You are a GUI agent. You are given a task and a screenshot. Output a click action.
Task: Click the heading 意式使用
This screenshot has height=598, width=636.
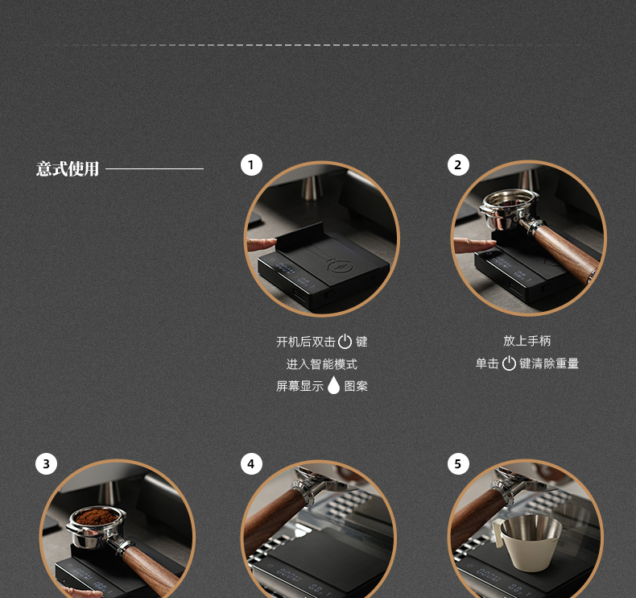(x=68, y=168)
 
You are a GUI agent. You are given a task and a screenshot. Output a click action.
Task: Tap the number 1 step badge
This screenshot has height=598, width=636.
(x=251, y=165)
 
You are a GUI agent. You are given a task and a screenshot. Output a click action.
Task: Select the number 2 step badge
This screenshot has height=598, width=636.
(x=458, y=165)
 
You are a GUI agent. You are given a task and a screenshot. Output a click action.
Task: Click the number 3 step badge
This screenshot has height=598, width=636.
(x=46, y=463)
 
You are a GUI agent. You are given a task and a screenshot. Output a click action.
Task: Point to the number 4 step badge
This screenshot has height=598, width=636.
(x=251, y=463)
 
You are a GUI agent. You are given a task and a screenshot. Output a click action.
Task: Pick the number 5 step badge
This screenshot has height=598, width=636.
(x=458, y=463)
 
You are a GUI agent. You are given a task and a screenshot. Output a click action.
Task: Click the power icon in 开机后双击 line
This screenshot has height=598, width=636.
(x=345, y=342)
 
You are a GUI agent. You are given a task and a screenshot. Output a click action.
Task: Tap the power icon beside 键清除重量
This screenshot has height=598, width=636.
(x=509, y=363)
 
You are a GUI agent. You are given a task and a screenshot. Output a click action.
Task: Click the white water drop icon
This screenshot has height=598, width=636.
(x=333, y=385)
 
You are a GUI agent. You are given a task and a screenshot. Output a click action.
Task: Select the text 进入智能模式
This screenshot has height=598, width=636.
(x=322, y=364)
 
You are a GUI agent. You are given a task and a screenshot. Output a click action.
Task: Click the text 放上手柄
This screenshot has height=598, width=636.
(x=527, y=341)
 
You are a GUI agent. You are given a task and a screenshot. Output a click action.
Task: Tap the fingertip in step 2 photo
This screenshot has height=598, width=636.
(x=492, y=243)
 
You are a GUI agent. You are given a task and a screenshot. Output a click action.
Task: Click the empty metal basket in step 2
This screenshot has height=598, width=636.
(x=510, y=208)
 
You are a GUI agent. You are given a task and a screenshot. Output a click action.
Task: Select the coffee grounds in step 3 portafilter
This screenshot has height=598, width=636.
(x=97, y=517)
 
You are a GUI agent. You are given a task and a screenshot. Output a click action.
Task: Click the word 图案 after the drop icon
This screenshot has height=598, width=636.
(x=356, y=386)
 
